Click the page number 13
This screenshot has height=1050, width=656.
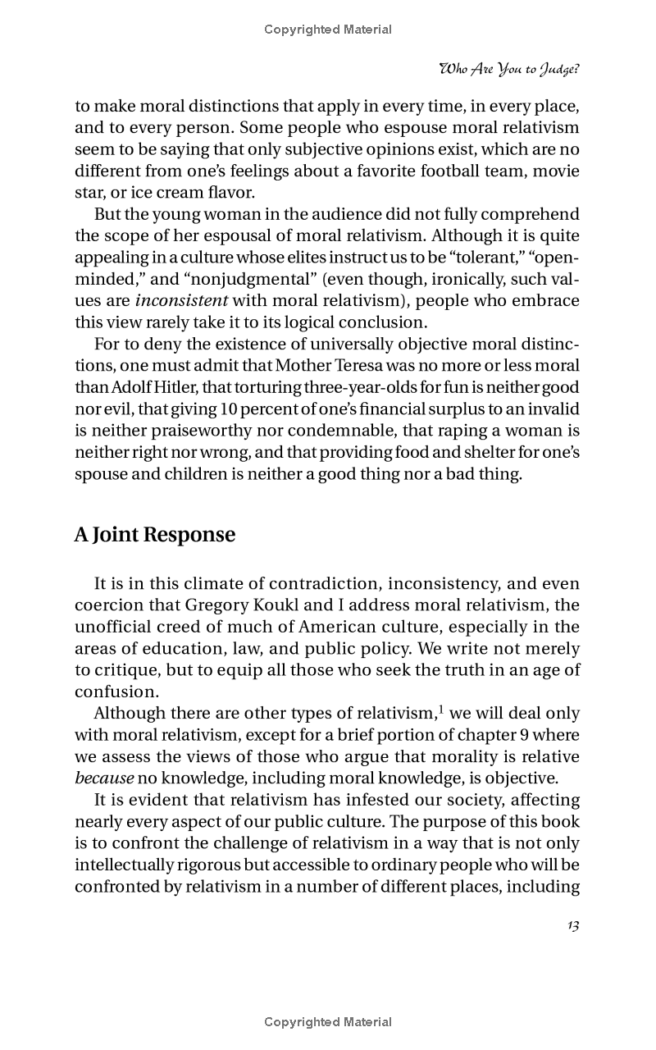coord(573,925)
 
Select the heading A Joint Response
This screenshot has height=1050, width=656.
coord(154,535)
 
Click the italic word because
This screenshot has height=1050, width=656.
coord(104,778)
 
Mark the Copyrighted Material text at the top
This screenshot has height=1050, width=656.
coord(328,30)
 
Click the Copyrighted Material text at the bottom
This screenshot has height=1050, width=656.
coord(328,1022)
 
